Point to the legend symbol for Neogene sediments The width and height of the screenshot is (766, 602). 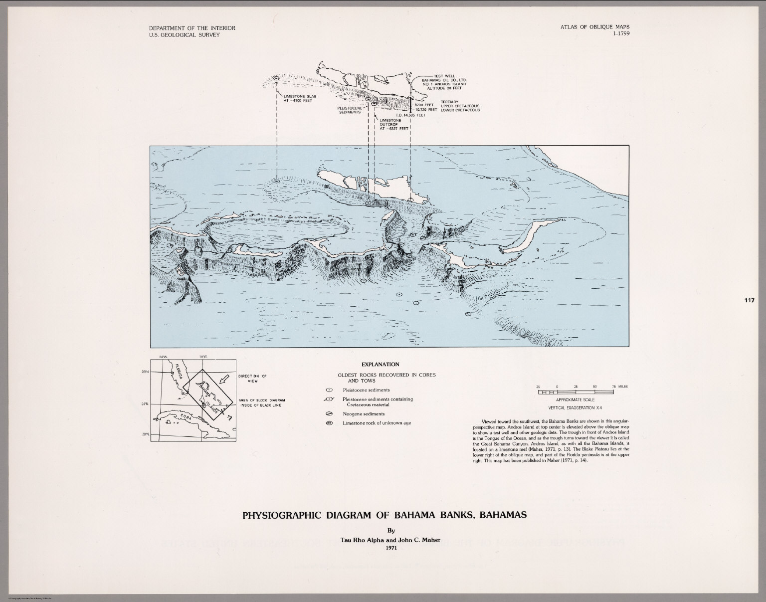pos(329,414)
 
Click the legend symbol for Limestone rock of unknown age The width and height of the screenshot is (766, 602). pos(329,423)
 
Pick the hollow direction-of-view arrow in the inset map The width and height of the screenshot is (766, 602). pos(225,380)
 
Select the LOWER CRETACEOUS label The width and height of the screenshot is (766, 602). pos(460,110)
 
